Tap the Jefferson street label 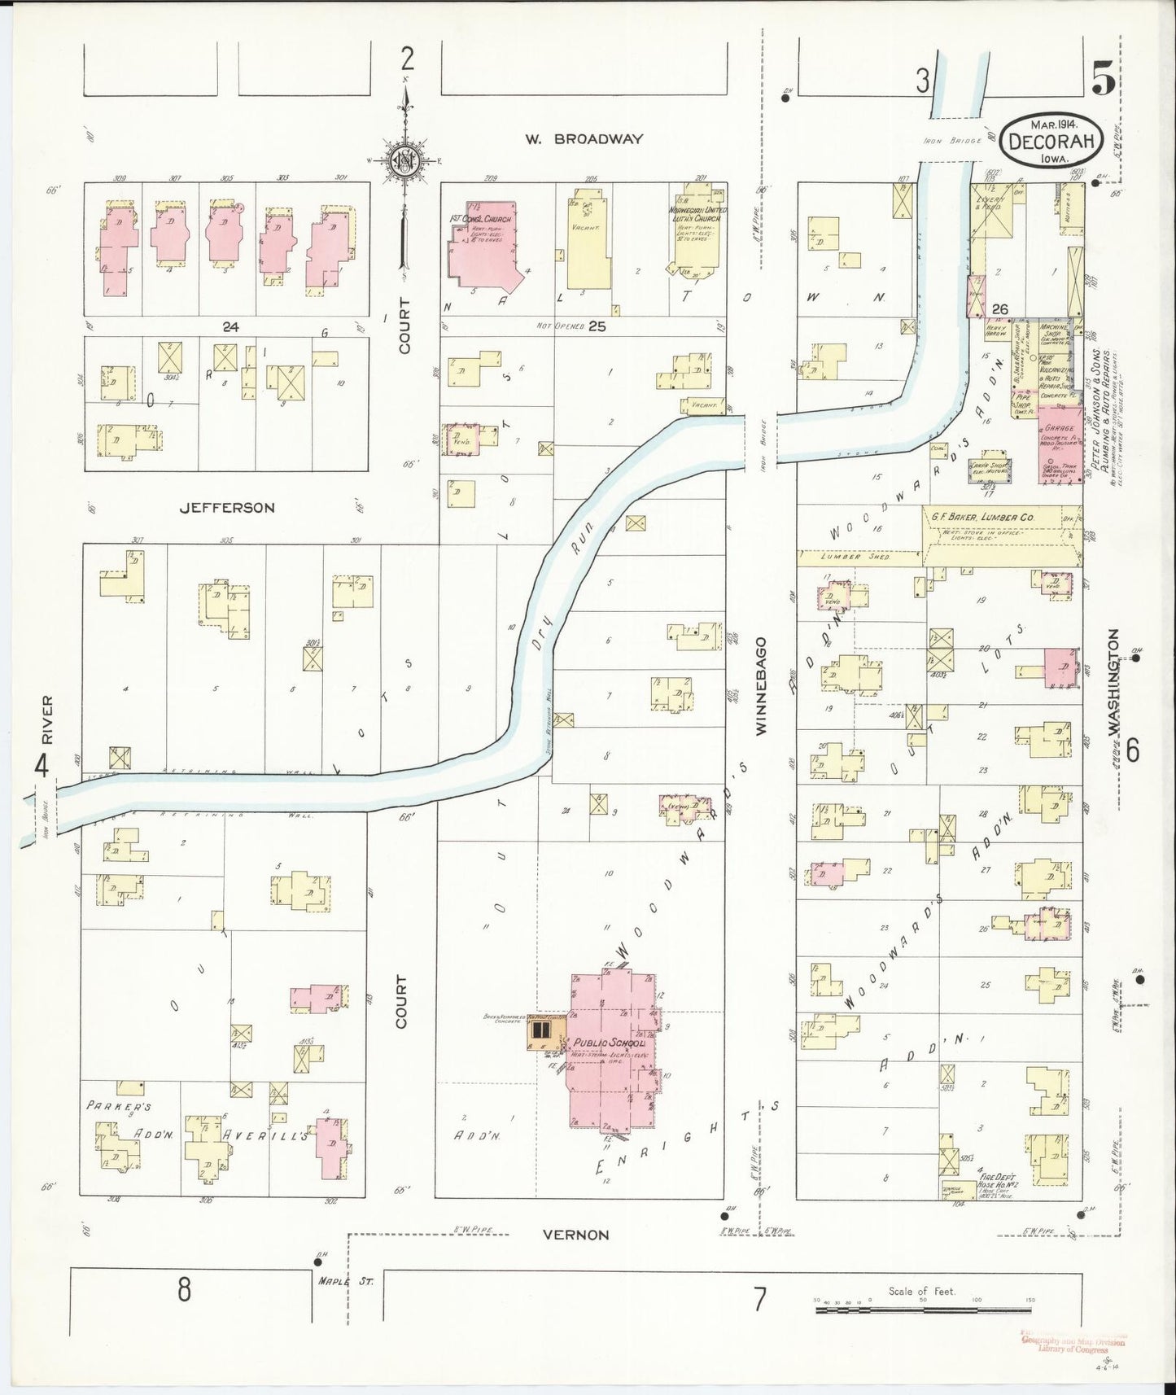click(x=227, y=507)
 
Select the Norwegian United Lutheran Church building click(x=697, y=232)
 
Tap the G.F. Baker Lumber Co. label click(x=989, y=517)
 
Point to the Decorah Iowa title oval click(x=1053, y=140)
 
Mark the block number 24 click(x=230, y=326)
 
